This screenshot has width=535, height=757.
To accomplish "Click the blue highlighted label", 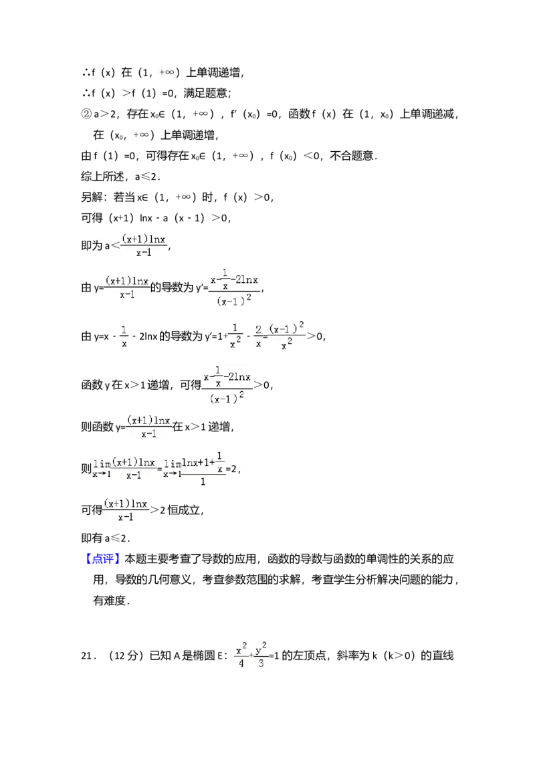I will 104,559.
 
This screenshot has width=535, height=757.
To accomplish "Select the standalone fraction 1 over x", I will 125,337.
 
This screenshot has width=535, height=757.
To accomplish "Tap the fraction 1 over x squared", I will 235,336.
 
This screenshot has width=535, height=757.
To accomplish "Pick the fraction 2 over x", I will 257,336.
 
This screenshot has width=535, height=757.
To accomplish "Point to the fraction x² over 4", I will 241,656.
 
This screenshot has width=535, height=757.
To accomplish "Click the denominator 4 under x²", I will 241,665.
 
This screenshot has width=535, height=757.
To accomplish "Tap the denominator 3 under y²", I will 261,665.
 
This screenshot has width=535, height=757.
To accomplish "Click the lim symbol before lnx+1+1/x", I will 172,464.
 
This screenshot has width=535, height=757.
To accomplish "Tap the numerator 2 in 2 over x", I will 257,329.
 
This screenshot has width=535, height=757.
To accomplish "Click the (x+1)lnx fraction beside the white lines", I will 126,510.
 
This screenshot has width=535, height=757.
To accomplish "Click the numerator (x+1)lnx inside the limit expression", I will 134,462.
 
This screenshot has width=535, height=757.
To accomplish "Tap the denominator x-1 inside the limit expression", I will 134,475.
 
